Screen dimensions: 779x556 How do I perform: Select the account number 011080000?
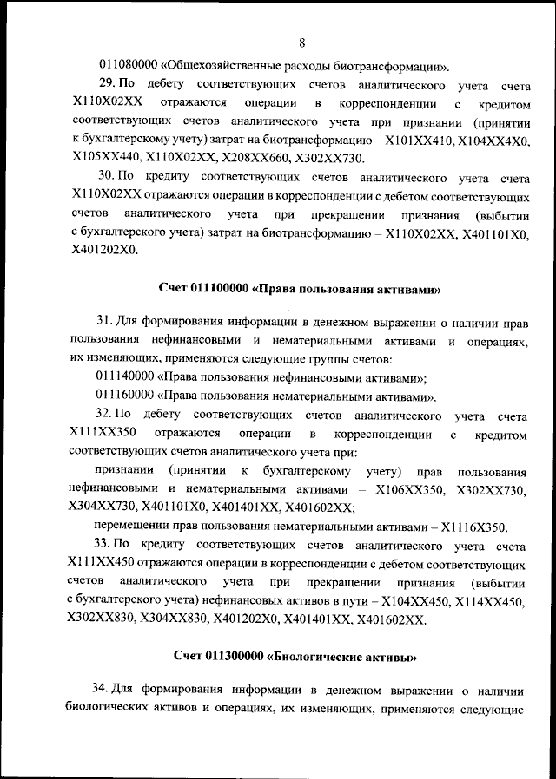coord(128,66)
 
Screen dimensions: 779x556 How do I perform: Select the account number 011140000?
coord(128,377)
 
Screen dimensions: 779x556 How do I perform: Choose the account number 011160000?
coord(128,396)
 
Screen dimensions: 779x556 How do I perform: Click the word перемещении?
coord(133,527)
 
